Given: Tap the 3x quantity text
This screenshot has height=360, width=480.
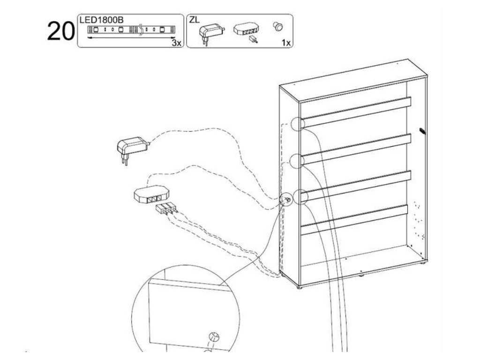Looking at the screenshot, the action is click(176, 43).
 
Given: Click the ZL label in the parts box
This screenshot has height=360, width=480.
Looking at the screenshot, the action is click(195, 20).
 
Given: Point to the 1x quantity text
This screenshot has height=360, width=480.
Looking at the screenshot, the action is click(286, 43).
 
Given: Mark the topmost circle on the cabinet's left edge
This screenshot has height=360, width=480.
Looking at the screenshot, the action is click(298, 124).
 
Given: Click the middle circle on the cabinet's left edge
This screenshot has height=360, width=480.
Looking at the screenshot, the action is click(298, 161).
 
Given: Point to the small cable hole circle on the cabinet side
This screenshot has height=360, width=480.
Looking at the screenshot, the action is click(285, 200).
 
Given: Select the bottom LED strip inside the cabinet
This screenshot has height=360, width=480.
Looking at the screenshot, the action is click(356, 219).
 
